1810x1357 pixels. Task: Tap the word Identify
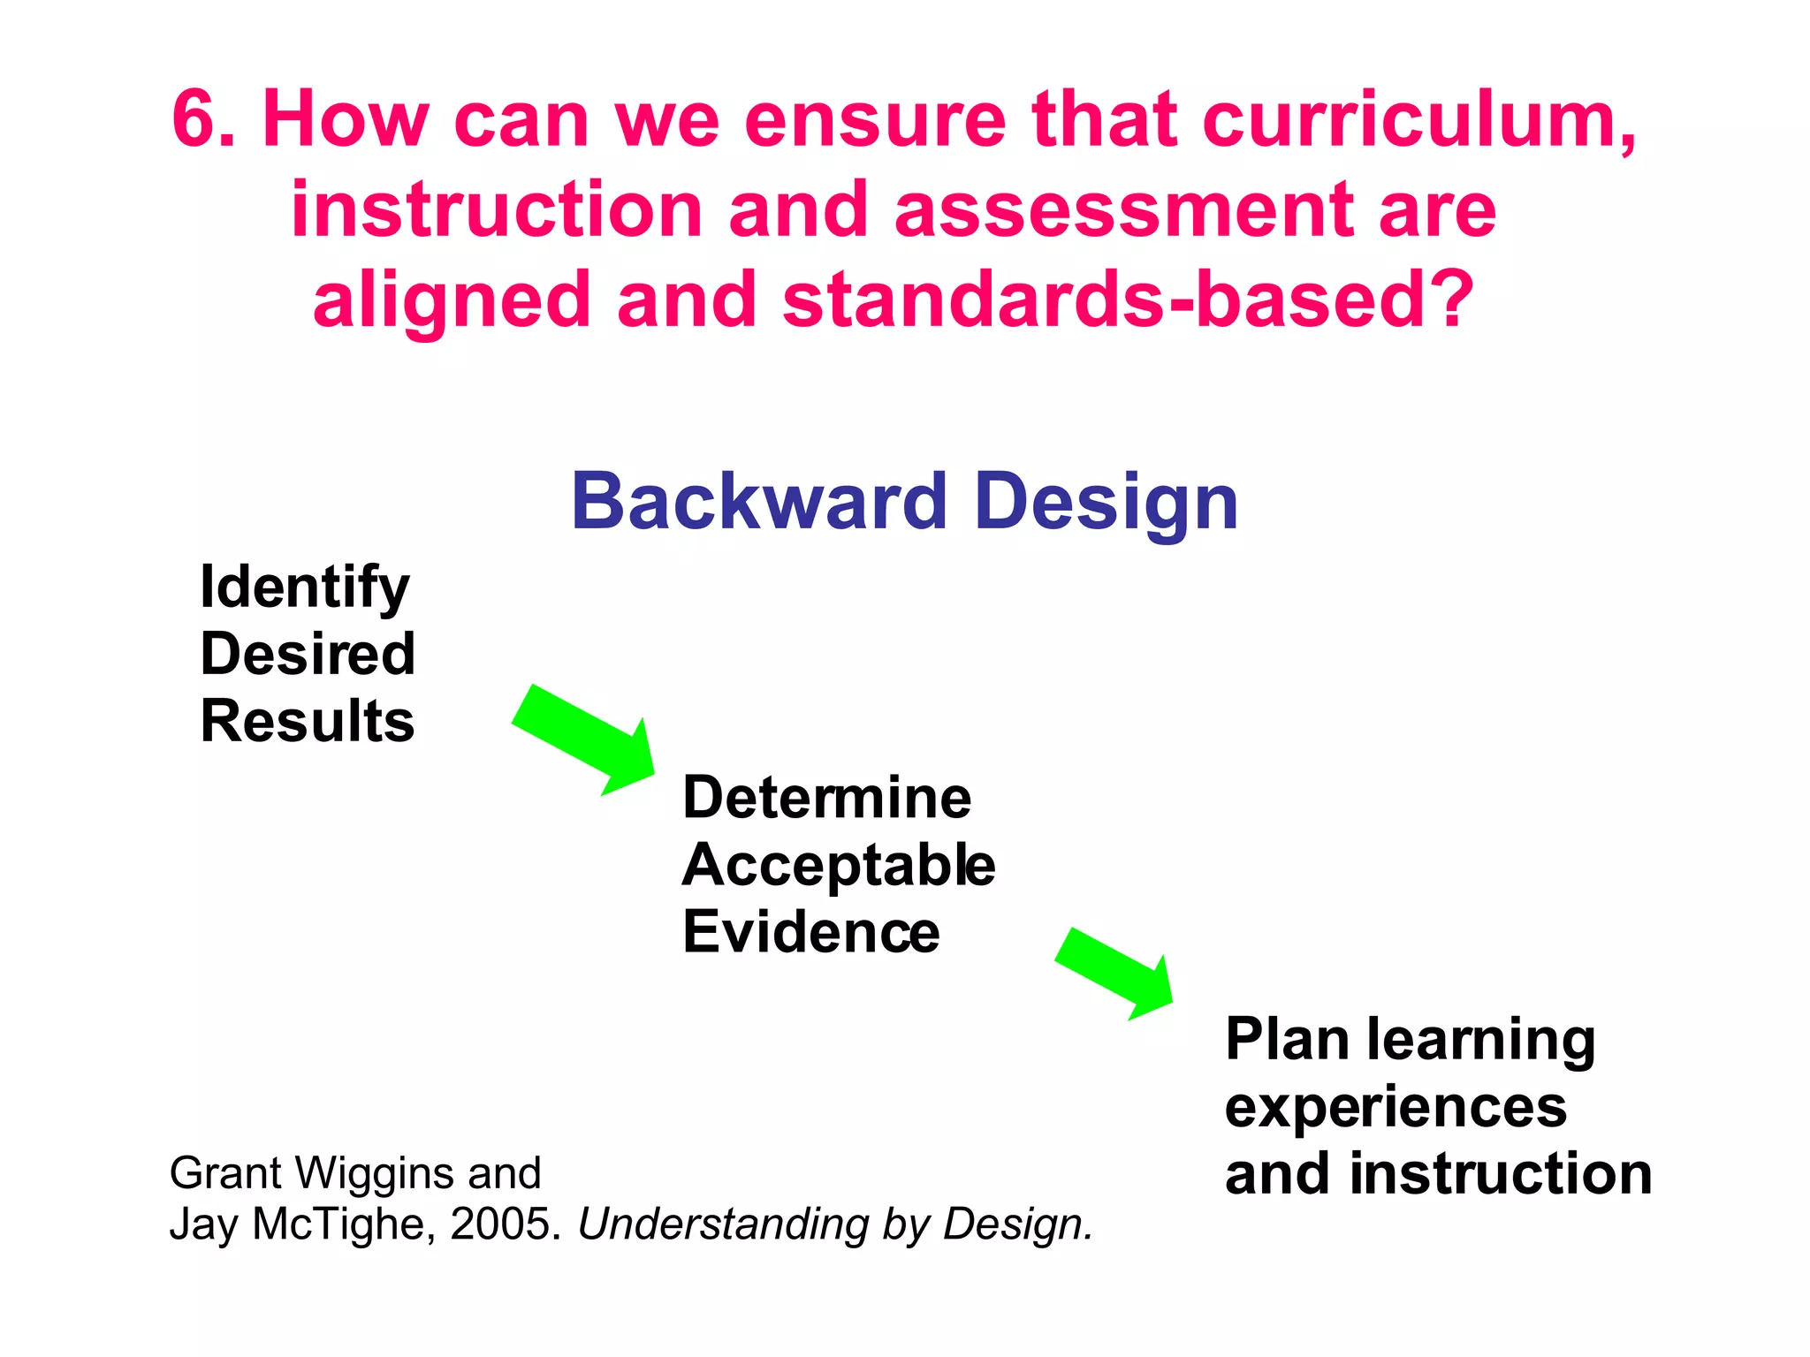coord(305,588)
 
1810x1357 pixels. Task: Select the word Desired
coord(308,654)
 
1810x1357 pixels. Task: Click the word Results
coord(308,721)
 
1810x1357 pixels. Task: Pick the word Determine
coord(827,798)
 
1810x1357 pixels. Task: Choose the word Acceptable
coord(839,866)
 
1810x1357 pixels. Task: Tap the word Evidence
coord(811,933)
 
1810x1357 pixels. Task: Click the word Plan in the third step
coord(1285,1039)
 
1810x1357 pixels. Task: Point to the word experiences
coord(1396,1108)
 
